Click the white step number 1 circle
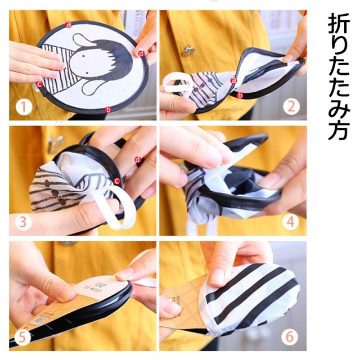pyautogui.click(x=24, y=107)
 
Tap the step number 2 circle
pyautogui.click(x=291, y=106)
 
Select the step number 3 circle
pyautogui.click(x=23, y=222)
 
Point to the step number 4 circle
pyautogui.click(x=291, y=222)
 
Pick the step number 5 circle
pyautogui.click(x=22, y=337)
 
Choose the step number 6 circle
pyautogui.click(x=290, y=336)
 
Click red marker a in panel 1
pyautogui.click(x=69, y=24)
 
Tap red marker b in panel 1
pyautogui.click(x=108, y=110)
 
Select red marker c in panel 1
pyautogui.click(x=40, y=84)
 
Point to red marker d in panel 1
pyautogui.click(x=141, y=53)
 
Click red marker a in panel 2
pyautogui.click(x=233, y=80)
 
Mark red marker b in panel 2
pyautogui.click(x=240, y=95)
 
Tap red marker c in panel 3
pyautogui.click(x=117, y=181)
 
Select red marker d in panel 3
pyautogui.click(x=137, y=160)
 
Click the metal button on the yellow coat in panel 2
pyautogui.click(x=188, y=51)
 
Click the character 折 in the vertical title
pyautogui.click(x=339, y=24)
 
